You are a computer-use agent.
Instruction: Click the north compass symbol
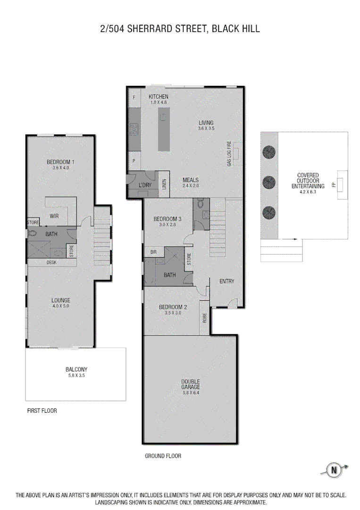coord(335,470)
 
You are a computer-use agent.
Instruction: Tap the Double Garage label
coord(191,384)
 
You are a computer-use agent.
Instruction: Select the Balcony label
coord(76,370)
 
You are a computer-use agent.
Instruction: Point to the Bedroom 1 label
coord(60,162)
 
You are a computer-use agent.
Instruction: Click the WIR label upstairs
coord(54,216)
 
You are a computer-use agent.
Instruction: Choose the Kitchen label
coord(158,97)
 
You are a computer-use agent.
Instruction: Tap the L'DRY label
coord(145,185)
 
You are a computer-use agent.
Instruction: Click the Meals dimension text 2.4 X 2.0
coord(191,186)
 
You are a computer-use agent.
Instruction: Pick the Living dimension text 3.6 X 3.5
coord(206,128)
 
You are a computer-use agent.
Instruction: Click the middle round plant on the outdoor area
coord(269,181)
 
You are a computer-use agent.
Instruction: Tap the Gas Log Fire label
coord(229,153)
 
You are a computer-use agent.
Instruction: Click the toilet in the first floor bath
coord(33,233)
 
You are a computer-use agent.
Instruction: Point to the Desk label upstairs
coord(51,262)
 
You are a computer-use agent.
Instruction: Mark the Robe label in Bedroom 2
coord(205,318)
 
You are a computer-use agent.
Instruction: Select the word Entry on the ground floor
coord(227,281)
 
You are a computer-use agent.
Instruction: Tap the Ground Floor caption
coord(163,456)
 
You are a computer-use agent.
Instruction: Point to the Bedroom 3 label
coord(167,219)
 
